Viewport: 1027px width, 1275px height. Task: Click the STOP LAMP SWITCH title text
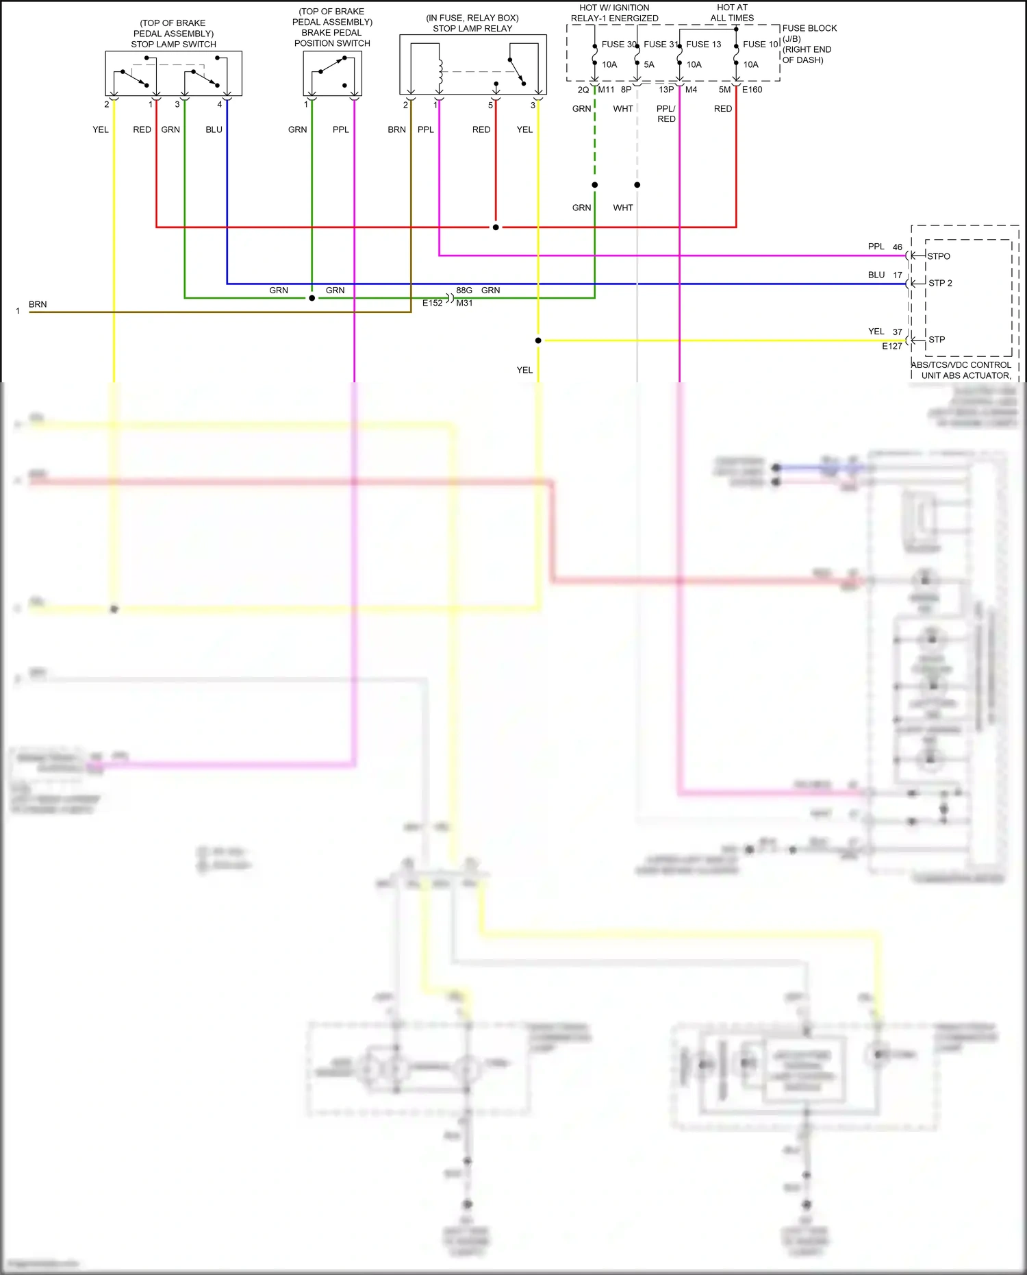click(x=173, y=45)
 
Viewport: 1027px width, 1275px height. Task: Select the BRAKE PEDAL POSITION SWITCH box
click(x=332, y=73)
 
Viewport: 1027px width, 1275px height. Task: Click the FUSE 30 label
click(x=618, y=45)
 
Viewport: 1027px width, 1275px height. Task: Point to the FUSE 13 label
click(x=703, y=45)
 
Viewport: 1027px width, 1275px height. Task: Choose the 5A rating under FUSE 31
click(x=649, y=65)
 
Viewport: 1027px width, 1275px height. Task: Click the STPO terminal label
click(x=939, y=256)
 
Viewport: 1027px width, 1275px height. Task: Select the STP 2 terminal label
click(x=940, y=283)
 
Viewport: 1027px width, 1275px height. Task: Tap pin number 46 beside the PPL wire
click(x=897, y=247)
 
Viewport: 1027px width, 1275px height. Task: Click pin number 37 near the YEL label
click(x=897, y=332)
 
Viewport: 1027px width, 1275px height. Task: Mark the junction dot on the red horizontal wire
click(x=496, y=227)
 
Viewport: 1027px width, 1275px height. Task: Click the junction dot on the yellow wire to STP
click(x=538, y=341)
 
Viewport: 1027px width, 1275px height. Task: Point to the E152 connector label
click(x=432, y=303)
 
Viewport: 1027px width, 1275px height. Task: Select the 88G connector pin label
click(x=464, y=290)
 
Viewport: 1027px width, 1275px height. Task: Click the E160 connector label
click(x=752, y=90)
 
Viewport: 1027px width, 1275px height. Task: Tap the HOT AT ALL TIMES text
click(x=732, y=13)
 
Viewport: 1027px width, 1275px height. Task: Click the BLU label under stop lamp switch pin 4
click(x=214, y=129)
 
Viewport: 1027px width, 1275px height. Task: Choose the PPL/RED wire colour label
click(x=666, y=114)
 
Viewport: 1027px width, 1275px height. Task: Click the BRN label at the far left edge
click(x=38, y=304)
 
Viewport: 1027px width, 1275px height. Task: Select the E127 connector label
click(x=891, y=347)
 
